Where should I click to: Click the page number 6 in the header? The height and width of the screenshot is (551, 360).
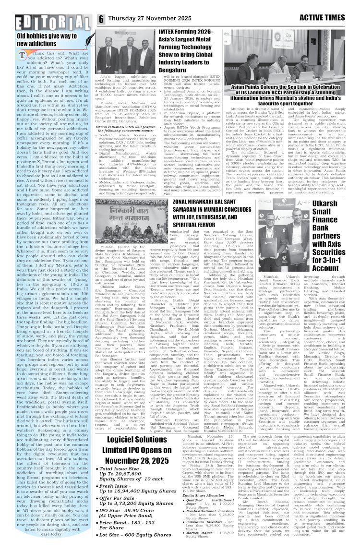coord(102,20)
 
